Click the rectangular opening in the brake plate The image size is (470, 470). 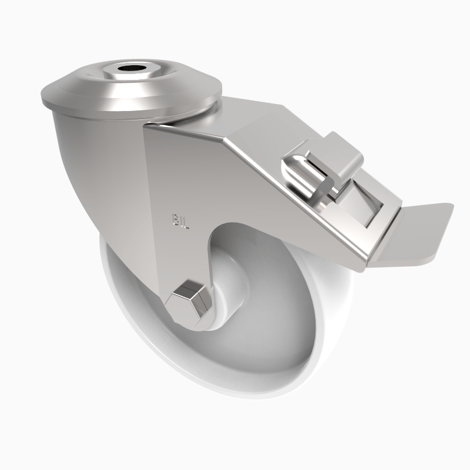point(361,206)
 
